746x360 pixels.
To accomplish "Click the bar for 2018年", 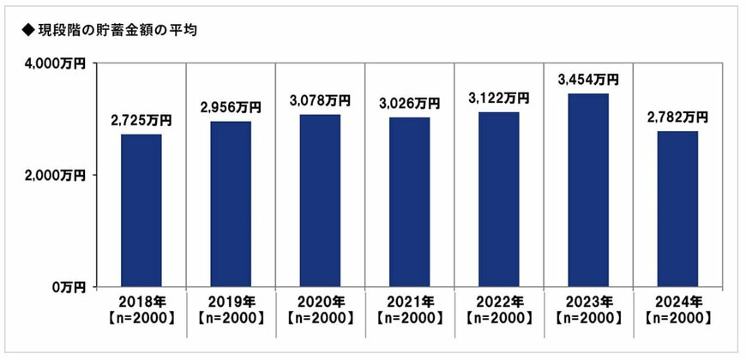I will [x=141, y=210].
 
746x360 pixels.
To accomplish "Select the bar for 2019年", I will [x=231, y=204].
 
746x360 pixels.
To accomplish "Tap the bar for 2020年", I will [x=320, y=201].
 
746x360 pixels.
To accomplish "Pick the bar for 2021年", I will [x=409, y=201].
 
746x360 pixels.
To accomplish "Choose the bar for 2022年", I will [x=498, y=199].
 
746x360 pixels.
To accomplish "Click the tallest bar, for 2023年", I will [x=587, y=189].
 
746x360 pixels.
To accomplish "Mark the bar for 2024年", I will [x=677, y=208].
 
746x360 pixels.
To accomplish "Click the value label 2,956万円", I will [x=231, y=108].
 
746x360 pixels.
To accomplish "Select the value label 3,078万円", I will [x=320, y=101].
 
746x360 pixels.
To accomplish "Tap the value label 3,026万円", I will [x=409, y=104].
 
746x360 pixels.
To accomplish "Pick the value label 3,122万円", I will [x=498, y=99].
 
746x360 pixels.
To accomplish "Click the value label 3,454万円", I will [x=587, y=80].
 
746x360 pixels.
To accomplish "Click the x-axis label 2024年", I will [x=677, y=302].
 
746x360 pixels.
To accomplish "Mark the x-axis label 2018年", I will [x=141, y=302].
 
